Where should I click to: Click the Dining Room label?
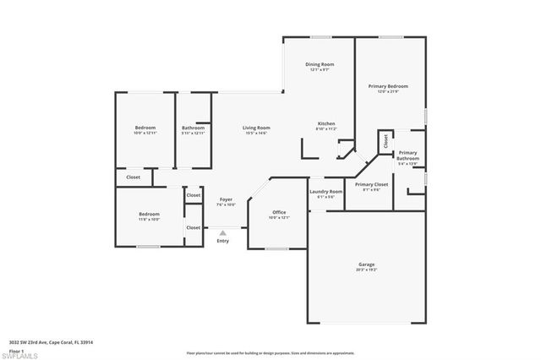[x=320, y=64]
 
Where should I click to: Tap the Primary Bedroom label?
[x=388, y=85]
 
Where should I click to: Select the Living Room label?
[x=256, y=128]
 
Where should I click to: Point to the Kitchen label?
[x=326, y=123]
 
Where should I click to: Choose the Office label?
[x=279, y=212]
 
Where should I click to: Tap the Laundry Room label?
[x=325, y=192]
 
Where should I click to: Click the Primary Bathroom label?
[x=408, y=155]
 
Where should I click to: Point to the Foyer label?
[x=226, y=199]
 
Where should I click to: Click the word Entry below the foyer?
[x=222, y=241]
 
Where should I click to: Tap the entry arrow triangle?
[x=222, y=232]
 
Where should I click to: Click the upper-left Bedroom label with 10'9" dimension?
[x=145, y=128]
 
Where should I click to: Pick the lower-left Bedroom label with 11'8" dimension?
[x=149, y=214]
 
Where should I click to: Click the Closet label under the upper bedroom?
[x=133, y=177]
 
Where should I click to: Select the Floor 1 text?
[x=16, y=348]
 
